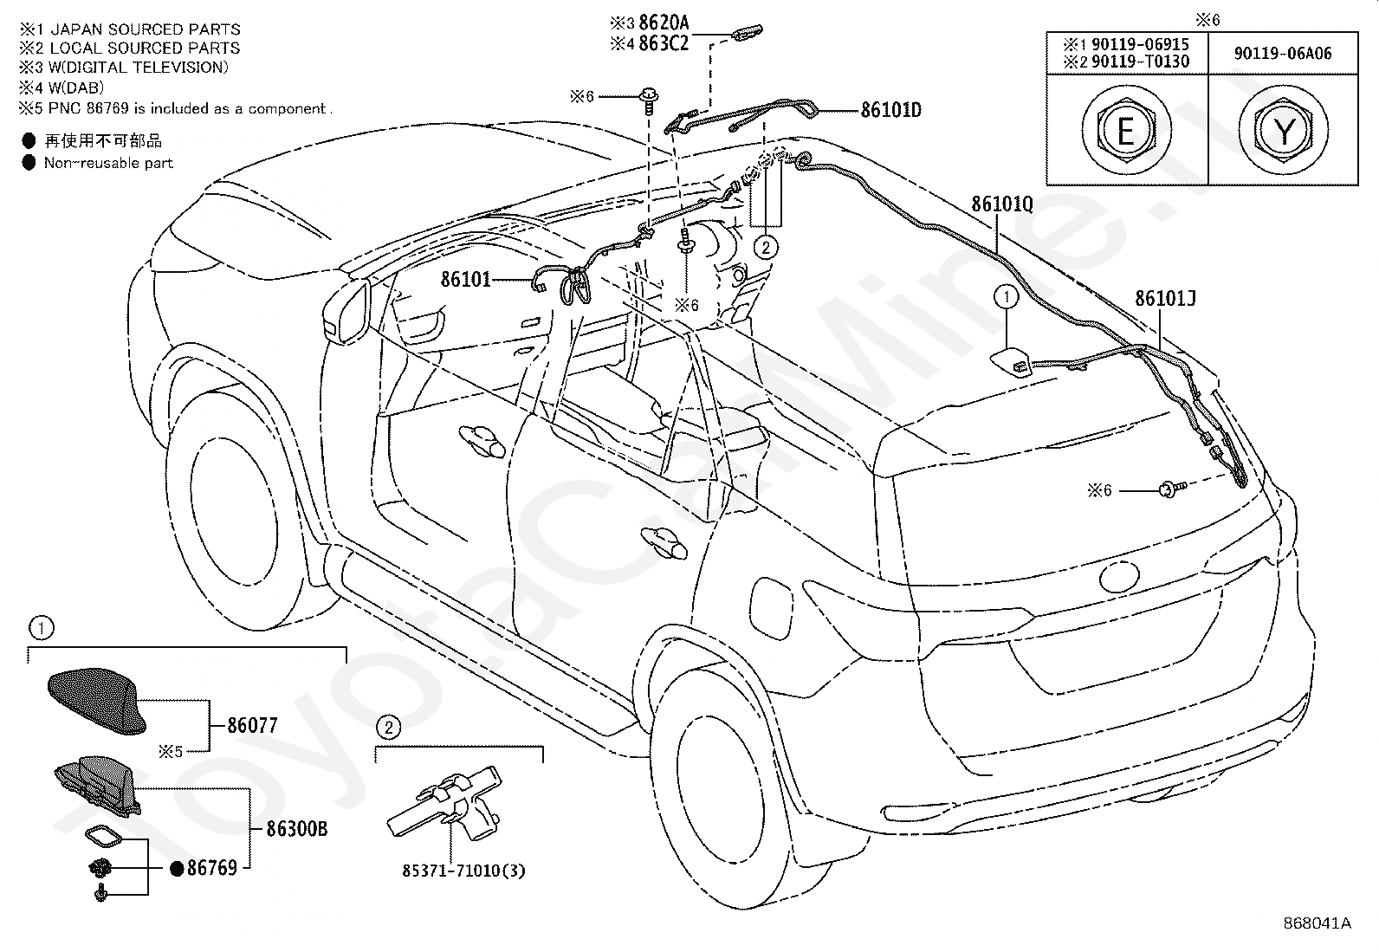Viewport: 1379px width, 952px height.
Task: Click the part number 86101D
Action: [890, 110]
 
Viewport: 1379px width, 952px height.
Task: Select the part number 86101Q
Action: [1002, 204]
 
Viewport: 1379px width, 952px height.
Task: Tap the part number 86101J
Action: [1165, 299]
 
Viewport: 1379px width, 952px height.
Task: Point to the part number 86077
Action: [252, 725]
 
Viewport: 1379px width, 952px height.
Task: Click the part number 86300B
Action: [297, 830]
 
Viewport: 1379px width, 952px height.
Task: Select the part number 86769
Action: [211, 868]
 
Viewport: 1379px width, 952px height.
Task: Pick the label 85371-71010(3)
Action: [463, 871]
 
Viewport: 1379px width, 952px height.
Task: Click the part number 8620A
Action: [664, 23]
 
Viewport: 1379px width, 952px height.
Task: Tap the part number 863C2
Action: [664, 43]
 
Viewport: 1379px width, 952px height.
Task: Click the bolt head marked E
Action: [1126, 131]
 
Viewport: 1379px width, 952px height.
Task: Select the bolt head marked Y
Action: [1284, 130]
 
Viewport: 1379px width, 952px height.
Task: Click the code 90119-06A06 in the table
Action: [1283, 54]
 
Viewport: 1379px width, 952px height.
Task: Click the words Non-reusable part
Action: [108, 163]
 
